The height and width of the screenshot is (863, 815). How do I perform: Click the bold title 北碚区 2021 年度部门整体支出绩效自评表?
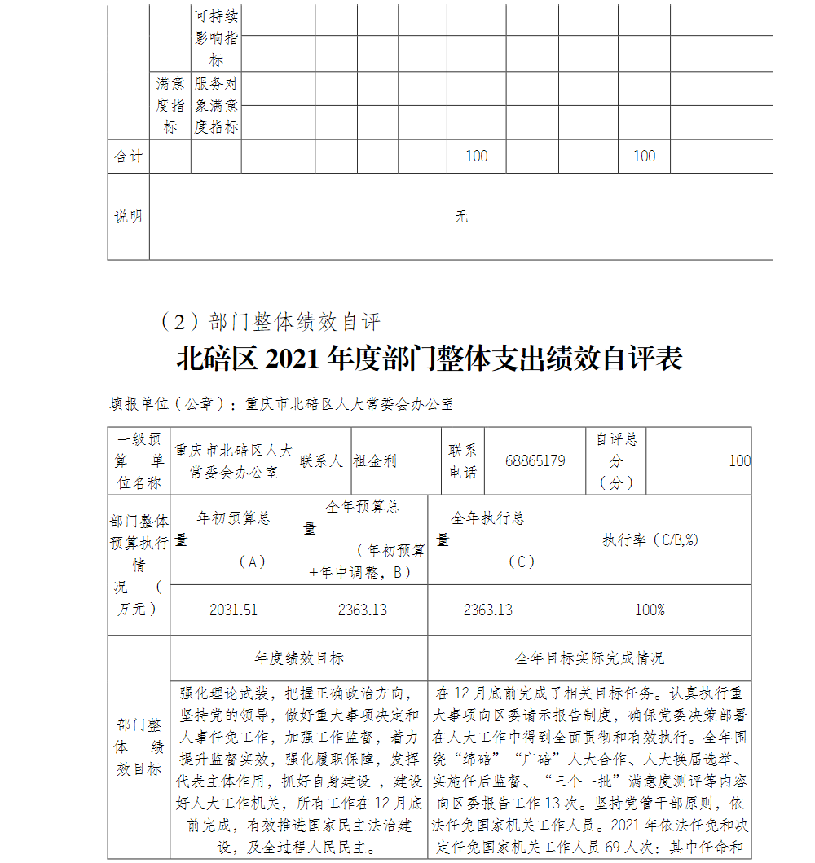click(x=429, y=359)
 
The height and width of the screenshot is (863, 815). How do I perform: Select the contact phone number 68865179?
click(x=535, y=461)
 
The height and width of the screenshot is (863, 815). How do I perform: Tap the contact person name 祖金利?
click(x=375, y=461)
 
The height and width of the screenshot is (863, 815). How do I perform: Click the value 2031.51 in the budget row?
click(x=233, y=610)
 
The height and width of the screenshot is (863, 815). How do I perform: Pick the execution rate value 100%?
click(x=650, y=610)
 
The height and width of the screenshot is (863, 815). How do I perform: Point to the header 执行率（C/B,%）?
click(x=650, y=539)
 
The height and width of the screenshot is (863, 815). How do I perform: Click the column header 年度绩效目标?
click(x=298, y=658)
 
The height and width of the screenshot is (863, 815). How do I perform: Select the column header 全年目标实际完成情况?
click(x=589, y=658)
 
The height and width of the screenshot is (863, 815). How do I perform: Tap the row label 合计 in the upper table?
click(x=128, y=156)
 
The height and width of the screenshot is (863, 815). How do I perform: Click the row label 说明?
click(x=128, y=217)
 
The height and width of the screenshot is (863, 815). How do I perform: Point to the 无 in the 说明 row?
click(x=460, y=217)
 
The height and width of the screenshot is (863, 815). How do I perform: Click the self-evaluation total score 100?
click(x=739, y=461)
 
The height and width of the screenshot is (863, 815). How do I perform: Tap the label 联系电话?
click(x=462, y=461)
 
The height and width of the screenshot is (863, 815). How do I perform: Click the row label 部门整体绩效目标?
click(x=139, y=746)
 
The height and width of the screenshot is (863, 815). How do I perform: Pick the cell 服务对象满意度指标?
click(x=216, y=105)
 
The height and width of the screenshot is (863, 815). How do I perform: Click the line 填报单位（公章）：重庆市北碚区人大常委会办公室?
click(x=281, y=404)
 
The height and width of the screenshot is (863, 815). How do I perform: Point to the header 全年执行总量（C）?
click(x=487, y=539)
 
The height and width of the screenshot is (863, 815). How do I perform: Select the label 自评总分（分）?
click(x=616, y=461)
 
